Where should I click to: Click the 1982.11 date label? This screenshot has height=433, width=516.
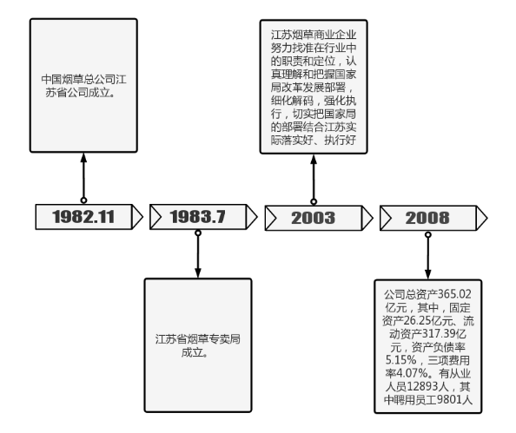tap(83, 217)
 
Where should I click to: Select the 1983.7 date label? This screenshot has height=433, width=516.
tap(197, 217)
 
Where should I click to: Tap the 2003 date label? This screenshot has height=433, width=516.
tap(313, 218)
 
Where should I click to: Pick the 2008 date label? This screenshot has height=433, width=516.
tap(427, 218)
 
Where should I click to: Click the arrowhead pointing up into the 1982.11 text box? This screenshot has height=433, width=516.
tap(83, 158)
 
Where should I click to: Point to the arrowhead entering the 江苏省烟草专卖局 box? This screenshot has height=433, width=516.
tap(198, 272)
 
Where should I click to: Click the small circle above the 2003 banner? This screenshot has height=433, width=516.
tap(314, 201)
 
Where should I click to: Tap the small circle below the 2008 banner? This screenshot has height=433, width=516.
tap(427, 235)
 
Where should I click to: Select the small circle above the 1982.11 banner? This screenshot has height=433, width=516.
tap(83, 200)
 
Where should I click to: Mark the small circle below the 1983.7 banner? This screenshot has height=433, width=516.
tap(198, 233)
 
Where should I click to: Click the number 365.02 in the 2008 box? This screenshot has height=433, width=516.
tap(454, 294)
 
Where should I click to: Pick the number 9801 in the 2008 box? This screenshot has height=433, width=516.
tap(449, 399)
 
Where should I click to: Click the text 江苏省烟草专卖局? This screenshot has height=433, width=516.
tap(198, 339)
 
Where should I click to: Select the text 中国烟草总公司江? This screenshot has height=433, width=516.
tap(83, 79)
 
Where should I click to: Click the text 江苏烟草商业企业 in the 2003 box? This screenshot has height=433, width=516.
tap(314, 35)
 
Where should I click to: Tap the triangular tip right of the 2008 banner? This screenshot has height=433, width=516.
tap(486, 218)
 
